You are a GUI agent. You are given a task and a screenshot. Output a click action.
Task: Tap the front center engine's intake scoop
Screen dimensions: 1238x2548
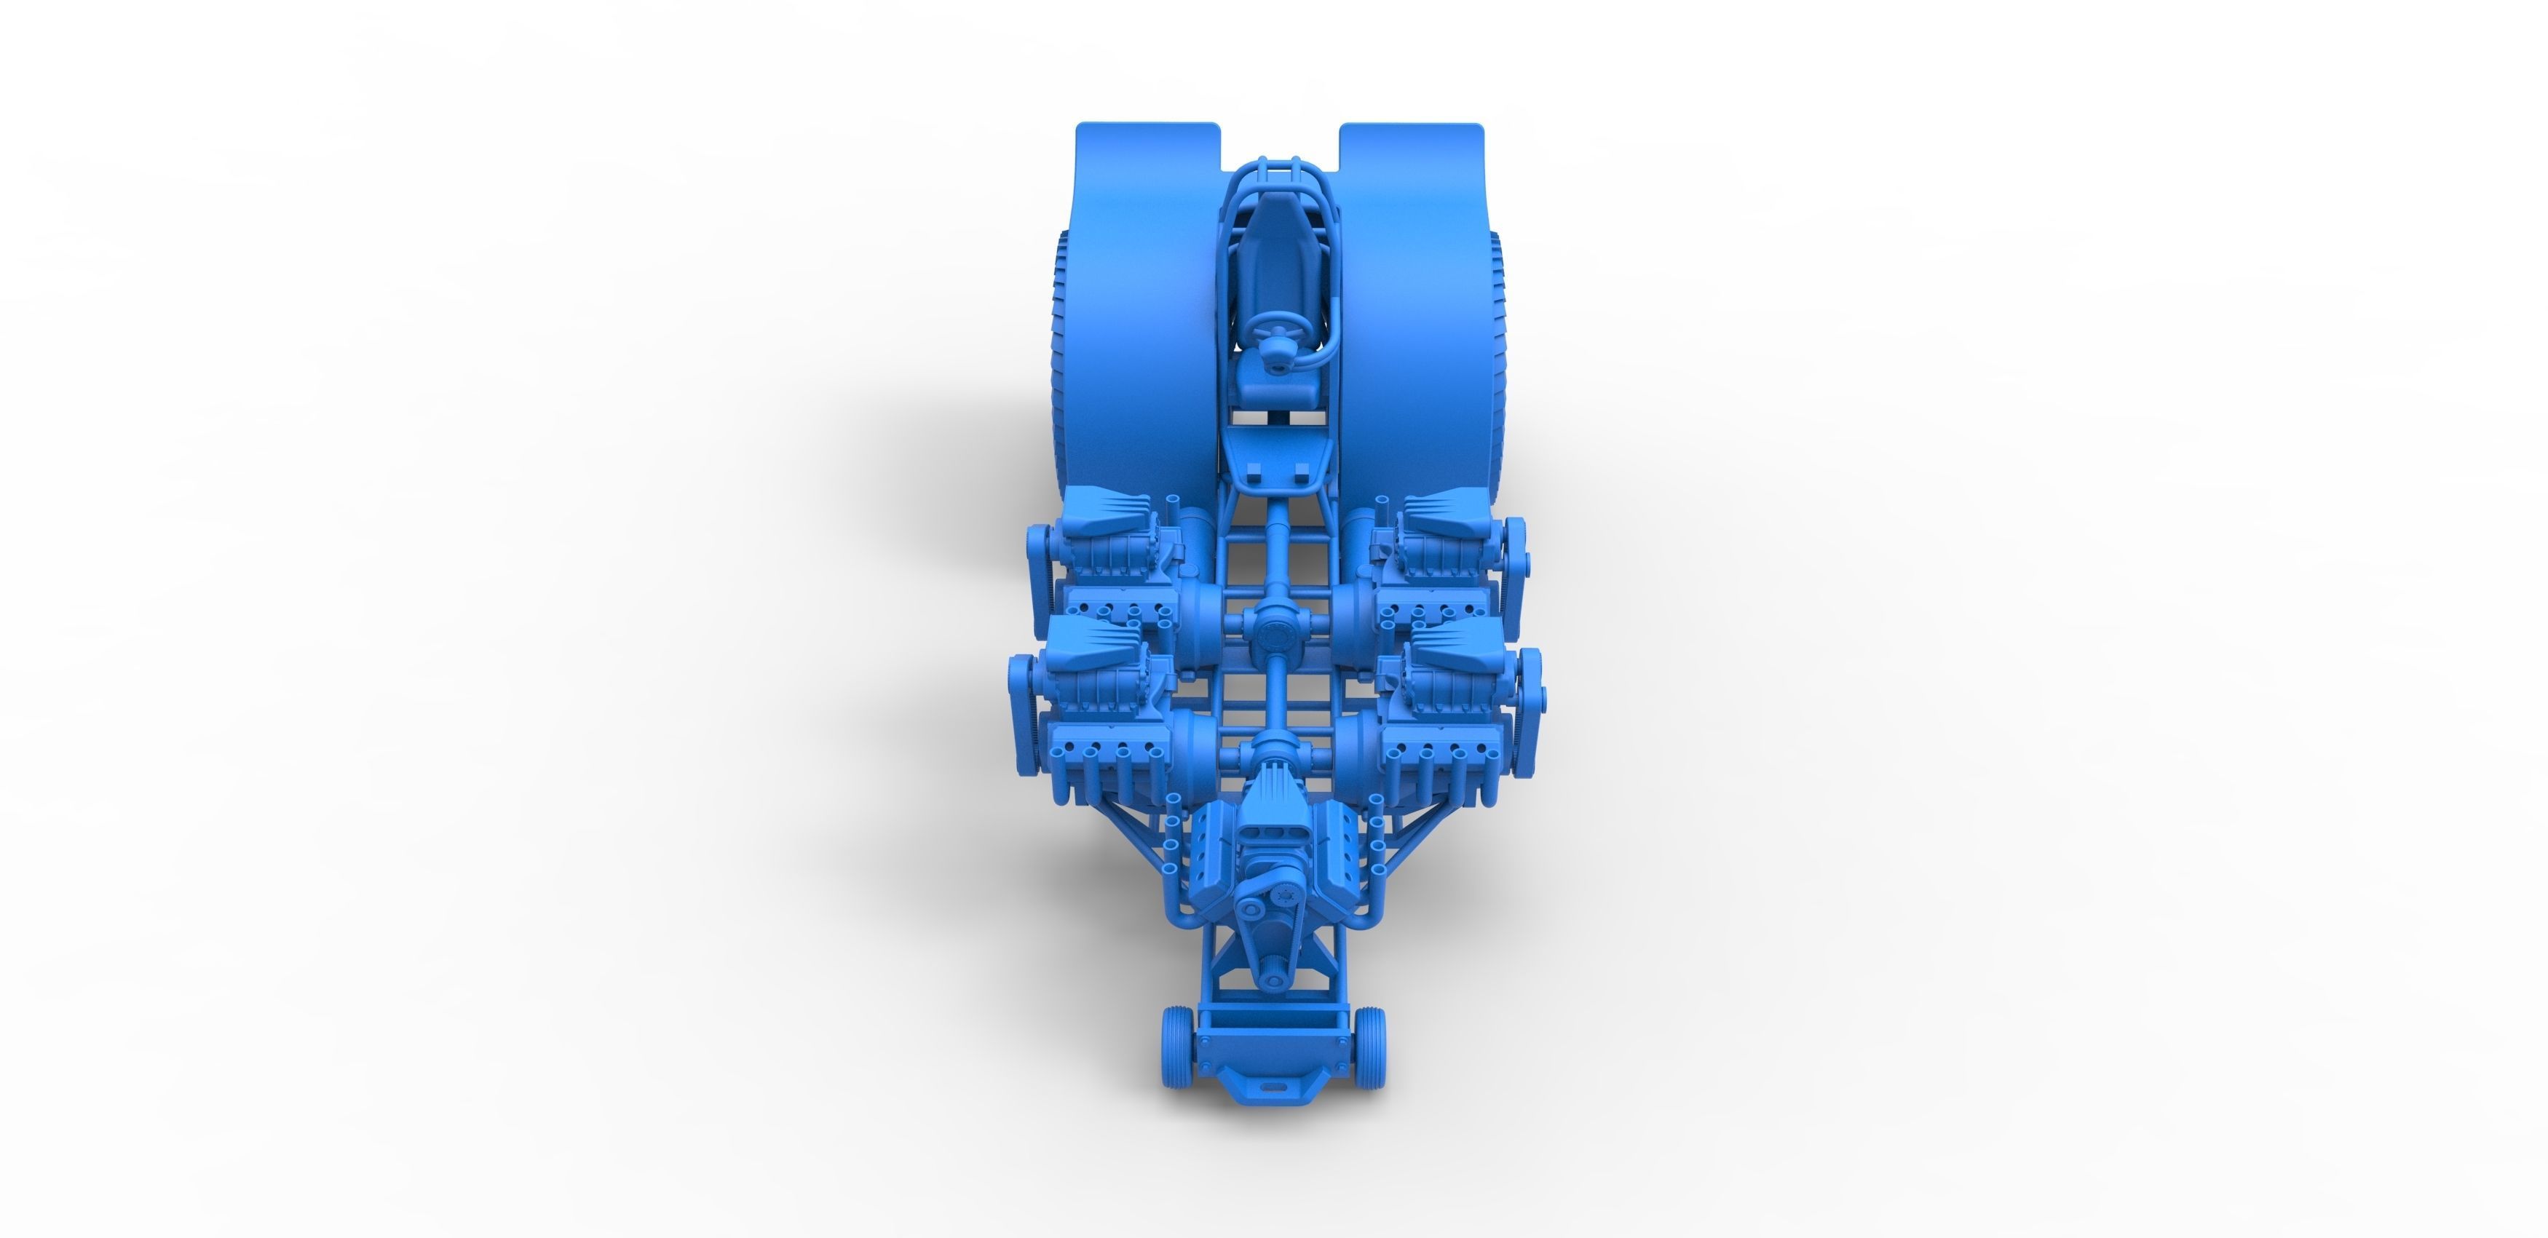coord(1273,801)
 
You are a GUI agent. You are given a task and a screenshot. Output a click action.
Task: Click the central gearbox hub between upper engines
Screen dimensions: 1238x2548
coord(1273,629)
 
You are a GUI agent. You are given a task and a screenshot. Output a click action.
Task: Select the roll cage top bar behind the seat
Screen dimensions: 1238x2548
coord(1273,163)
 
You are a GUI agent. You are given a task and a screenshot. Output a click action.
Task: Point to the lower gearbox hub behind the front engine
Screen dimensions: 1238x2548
coord(1273,756)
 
